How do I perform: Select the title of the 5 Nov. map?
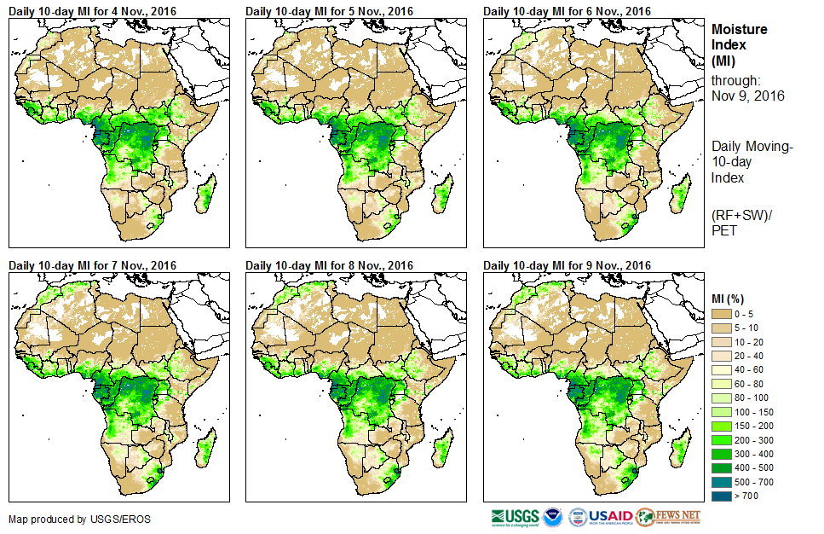329,10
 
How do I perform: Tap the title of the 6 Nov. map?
567,10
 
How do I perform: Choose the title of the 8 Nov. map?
329,265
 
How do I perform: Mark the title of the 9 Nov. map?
567,265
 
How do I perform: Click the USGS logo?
514,516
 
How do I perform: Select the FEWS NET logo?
668,516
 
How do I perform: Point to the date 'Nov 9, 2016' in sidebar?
747,96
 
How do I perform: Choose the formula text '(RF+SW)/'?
735,215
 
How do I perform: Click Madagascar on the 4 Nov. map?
204,194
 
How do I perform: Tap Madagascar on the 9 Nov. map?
679,449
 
